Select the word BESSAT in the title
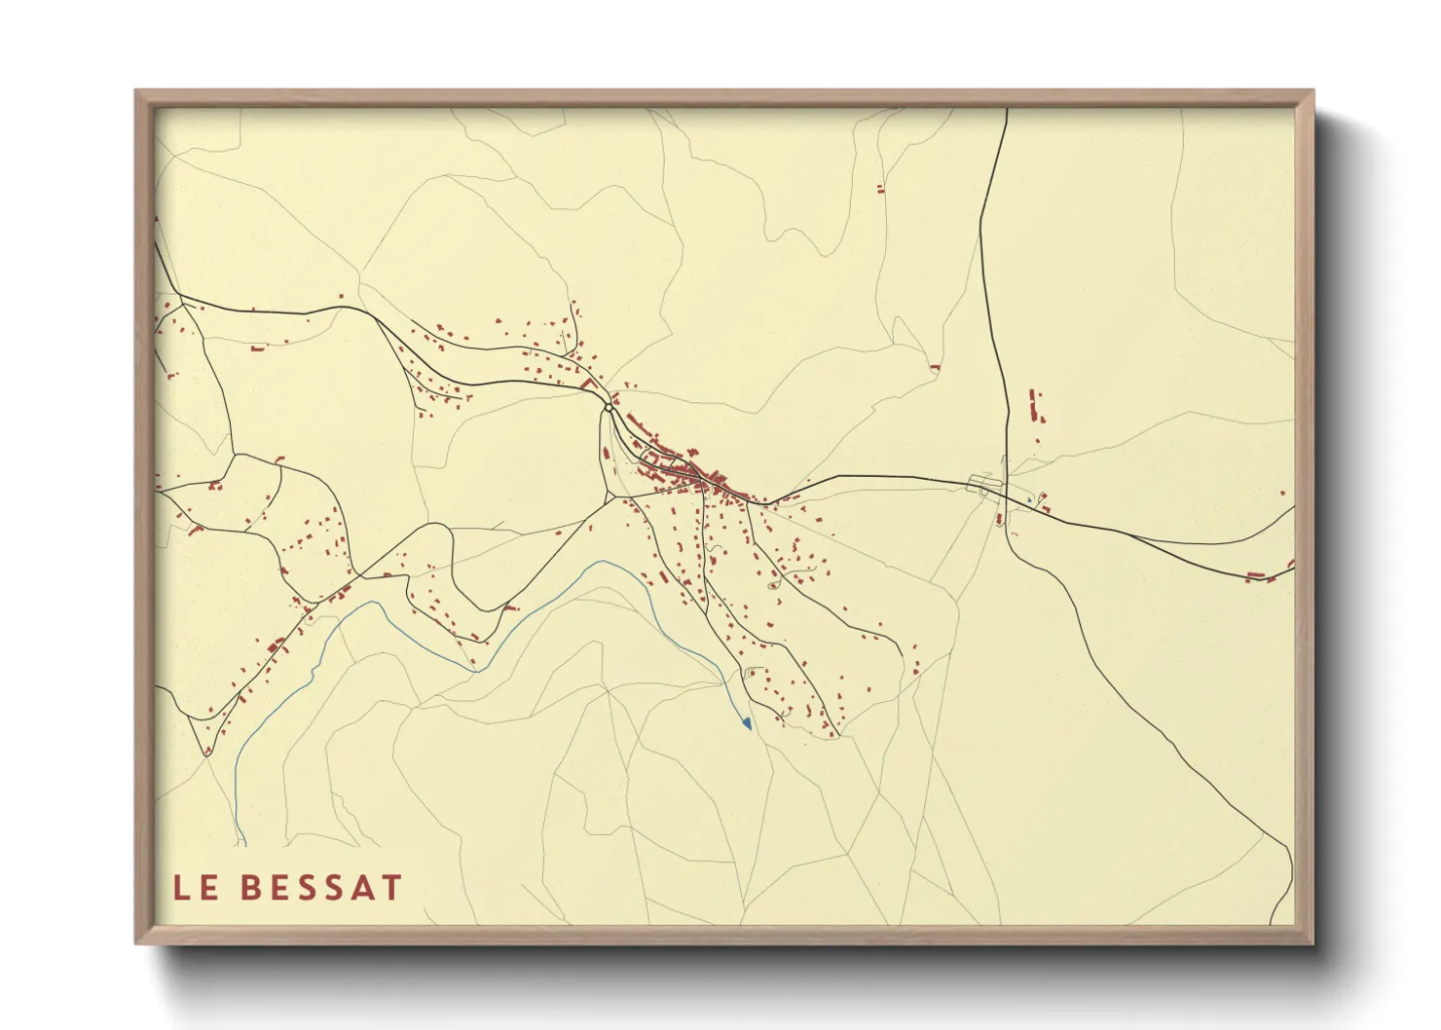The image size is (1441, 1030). coord(320,888)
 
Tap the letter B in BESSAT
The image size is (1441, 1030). coord(250,888)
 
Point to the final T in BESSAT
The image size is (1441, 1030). coord(391,888)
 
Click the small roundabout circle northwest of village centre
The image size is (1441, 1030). coord(609,408)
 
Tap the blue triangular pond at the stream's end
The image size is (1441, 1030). coord(747,723)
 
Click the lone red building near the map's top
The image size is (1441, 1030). coord(880,189)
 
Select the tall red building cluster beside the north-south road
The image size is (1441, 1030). coord(1034,406)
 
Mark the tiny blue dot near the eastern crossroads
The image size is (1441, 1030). coord(1029,499)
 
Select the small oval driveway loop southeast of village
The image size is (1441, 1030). coord(774,585)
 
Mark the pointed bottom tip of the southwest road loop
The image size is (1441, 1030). coord(207,753)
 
